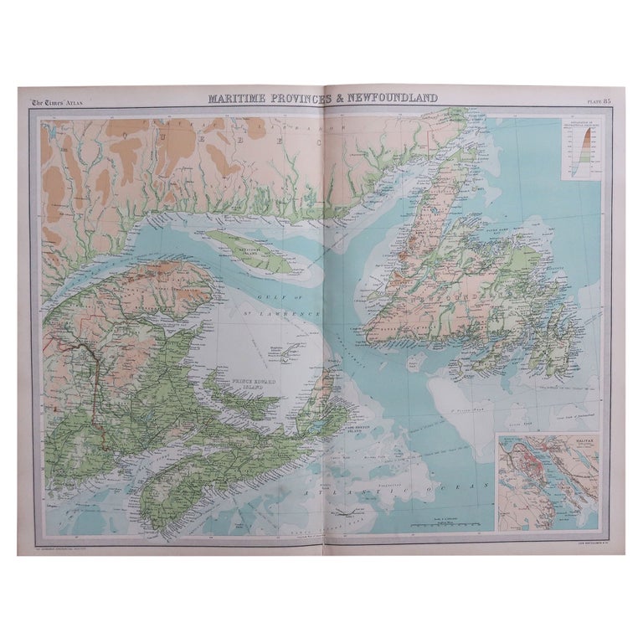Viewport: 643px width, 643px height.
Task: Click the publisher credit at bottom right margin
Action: [576, 544]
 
